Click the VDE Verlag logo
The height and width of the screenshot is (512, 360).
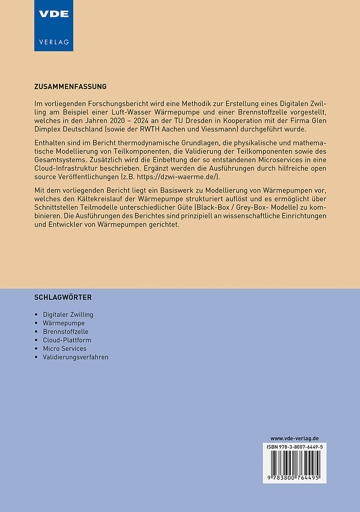[53, 25]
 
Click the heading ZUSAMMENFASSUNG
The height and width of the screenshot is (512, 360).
[71, 87]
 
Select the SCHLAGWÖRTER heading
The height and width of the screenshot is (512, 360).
[63, 297]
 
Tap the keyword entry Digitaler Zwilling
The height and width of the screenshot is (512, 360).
[68, 314]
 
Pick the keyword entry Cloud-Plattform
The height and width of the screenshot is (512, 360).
[67, 340]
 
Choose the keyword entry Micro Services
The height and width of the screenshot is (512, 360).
[64, 349]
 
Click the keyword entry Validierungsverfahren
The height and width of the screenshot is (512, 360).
[76, 357]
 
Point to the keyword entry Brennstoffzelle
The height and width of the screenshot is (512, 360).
[66, 332]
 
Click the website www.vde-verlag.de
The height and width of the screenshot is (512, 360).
[294, 439]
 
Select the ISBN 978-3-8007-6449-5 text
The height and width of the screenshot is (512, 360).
[294, 447]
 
